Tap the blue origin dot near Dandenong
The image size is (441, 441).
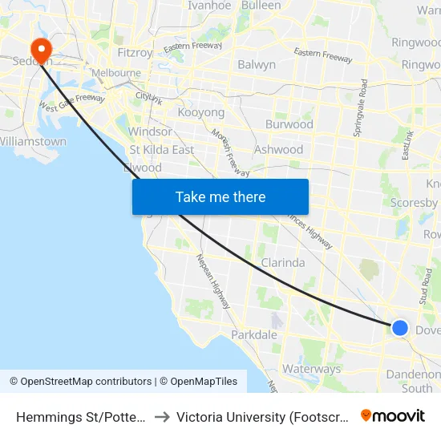(x=399, y=328)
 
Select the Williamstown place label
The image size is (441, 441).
(x=33, y=142)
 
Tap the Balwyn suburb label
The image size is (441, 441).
(x=257, y=65)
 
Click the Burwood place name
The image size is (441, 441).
(x=289, y=125)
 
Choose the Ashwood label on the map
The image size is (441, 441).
(x=278, y=150)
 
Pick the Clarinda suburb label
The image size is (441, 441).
(x=283, y=263)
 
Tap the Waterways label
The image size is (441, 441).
(x=312, y=370)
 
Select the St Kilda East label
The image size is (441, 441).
(x=161, y=150)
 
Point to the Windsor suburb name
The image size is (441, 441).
(x=150, y=131)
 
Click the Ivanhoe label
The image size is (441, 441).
(x=209, y=6)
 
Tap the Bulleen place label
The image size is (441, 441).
(x=261, y=6)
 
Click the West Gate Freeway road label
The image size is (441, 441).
(x=72, y=103)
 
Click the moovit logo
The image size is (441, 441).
(x=393, y=416)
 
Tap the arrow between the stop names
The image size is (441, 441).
(x=161, y=417)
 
